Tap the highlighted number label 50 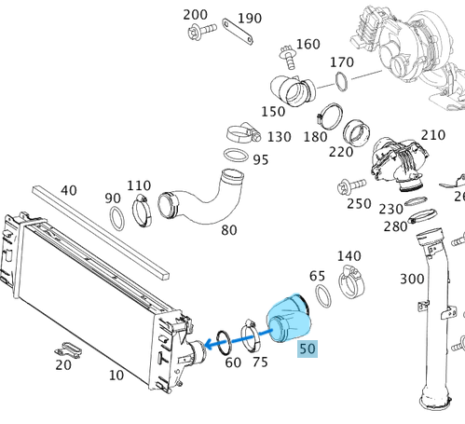coord(307,349)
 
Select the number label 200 coord(195,15)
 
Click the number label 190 coord(249,18)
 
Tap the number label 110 coord(139,185)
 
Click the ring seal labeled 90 coord(119,220)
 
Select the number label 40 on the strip coord(69,190)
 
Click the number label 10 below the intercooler coord(116,376)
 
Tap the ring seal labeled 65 coord(323,297)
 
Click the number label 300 coord(412,279)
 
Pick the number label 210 coord(433,135)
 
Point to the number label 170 coord(343,62)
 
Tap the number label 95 coord(260,159)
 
